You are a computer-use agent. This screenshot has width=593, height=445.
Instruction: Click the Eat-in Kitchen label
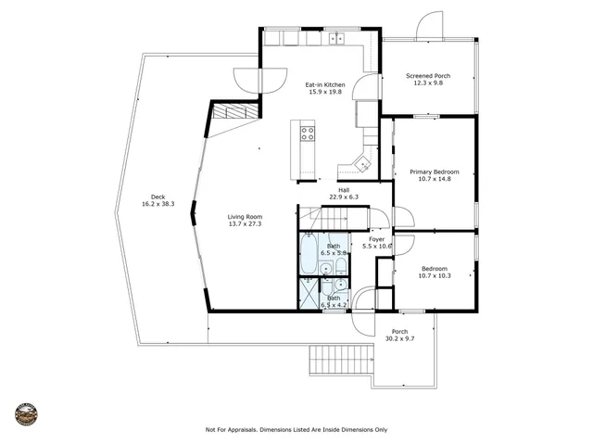click(x=325, y=85)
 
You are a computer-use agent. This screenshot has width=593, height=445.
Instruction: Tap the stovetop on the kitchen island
click(x=307, y=133)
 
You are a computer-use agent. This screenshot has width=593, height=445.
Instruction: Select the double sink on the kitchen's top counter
click(x=334, y=39)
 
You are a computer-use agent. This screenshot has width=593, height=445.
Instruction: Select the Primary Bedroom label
click(x=435, y=172)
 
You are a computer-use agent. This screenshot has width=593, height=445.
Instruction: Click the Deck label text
click(x=159, y=197)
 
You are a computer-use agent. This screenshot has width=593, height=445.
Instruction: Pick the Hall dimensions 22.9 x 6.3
click(x=343, y=197)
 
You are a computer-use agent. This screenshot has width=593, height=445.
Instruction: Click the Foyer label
click(x=377, y=238)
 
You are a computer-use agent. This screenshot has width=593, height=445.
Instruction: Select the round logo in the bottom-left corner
click(x=26, y=413)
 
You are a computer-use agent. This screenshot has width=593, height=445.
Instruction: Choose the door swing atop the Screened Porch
click(x=429, y=27)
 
